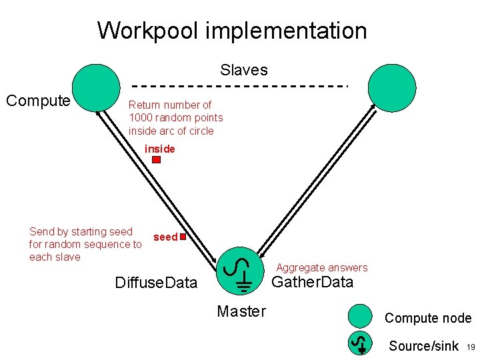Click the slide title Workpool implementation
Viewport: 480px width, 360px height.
pos(232,31)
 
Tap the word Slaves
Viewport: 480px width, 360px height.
pos(243,70)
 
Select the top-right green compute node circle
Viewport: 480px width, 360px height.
pos(392,87)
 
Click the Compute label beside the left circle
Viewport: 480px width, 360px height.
pos(38,101)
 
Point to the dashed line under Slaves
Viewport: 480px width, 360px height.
pos(240,86)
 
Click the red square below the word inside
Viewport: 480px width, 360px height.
pos(157,160)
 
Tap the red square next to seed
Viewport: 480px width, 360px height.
pos(182,237)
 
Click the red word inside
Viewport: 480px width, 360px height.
pos(160,149)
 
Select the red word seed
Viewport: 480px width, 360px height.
pos(165,237)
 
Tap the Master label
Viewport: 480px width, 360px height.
pos(241,311)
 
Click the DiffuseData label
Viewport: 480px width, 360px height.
pos(156,283)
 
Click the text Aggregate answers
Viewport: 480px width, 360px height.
pos(322,267)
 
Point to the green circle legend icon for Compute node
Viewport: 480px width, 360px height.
pos(361,316)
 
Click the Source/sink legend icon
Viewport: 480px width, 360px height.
pos(361,343)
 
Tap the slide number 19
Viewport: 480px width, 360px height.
pos(470,347)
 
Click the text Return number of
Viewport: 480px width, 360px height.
pos(170,105)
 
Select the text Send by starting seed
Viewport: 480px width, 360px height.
pos(81,231)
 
